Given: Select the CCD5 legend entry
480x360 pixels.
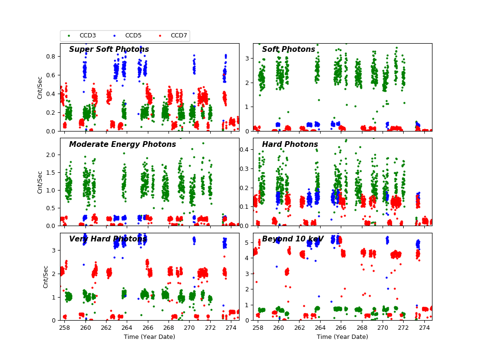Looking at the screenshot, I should coord(133,36).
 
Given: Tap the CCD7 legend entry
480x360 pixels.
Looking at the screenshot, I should coord(179,36).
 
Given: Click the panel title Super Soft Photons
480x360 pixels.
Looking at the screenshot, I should coord(109,49).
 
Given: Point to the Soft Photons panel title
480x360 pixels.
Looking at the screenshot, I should coord(288,49).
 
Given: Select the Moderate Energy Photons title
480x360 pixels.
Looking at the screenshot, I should coord(122,144).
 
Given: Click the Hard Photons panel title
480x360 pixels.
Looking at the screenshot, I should coord(290,144).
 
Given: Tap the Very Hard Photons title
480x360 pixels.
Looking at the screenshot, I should coord(108,239).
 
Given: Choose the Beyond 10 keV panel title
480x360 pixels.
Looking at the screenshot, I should coord(293,239).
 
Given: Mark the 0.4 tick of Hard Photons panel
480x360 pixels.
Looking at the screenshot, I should coord(245,150).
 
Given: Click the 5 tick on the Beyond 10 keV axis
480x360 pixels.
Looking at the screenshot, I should coord(248,242).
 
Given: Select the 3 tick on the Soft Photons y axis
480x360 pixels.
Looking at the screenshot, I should coord(248,59).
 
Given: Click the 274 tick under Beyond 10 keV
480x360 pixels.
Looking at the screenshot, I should coord(424,327).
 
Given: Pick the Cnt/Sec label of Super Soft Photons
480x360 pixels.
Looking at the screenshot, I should coord(40,87).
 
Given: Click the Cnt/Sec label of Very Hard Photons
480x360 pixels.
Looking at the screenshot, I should coord(46,276).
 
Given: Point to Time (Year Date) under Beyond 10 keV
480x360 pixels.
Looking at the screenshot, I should coord(342,337).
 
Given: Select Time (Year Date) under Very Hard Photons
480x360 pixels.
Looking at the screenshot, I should coord(149,337).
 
